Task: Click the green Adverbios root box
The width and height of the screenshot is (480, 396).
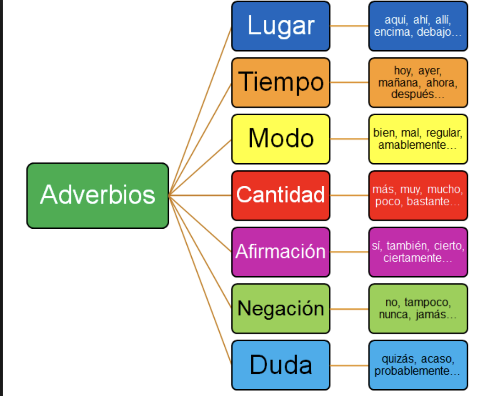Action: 97,195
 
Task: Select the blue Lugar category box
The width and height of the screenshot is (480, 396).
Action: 281,26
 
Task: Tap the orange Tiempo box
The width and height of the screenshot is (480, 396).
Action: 281,82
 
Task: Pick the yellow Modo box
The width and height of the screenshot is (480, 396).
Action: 281,139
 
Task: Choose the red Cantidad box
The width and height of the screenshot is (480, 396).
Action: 281,195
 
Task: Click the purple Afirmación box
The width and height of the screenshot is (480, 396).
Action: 281,252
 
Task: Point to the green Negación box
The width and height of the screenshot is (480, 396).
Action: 281,308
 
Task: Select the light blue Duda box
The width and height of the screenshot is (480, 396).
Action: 281,365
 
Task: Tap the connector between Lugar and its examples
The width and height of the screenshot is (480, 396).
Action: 349,26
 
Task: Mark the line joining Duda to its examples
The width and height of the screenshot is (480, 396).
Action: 349,365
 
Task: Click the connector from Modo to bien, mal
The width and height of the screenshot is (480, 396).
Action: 349,139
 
